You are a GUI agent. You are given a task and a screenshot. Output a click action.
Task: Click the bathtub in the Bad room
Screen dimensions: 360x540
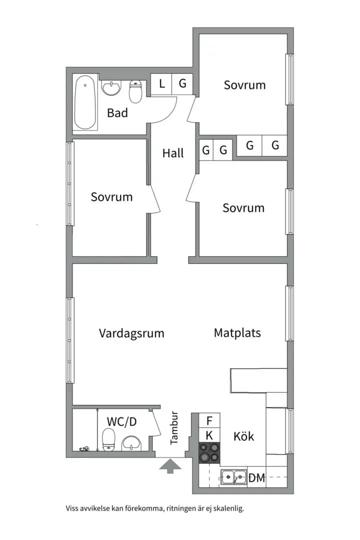pyautogui.click(x=85, y=102)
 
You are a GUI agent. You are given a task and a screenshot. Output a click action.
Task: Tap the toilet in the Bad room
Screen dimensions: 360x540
pyautogui.click(x=135, y=91)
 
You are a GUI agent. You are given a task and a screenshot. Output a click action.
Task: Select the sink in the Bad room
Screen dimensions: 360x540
pyautogui.click(x=111, y=88)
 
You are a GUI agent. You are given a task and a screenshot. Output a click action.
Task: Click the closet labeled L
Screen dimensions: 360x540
pyautogui.click(x=161, y=84)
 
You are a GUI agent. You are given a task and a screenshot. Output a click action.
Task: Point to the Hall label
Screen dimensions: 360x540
pyautogui.click(x=173, y=153)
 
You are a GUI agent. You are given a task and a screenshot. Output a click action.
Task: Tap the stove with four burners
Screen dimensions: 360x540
pyautogui.click(x=209, y=452)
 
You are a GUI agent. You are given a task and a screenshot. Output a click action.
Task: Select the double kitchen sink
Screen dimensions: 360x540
pyautogui.click(x=234, y=477)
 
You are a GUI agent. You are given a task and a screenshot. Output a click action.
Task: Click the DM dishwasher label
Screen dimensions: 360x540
pyautogui.click(x=257, y=478)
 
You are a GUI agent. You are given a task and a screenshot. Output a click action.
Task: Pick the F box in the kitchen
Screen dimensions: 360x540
pyautogui.click(x=209, y=420)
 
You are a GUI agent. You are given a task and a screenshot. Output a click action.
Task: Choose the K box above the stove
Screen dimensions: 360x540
pyautogui.click(x=209, y=435)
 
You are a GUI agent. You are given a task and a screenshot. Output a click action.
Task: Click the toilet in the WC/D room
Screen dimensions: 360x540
pyautogui.click(x=109, y=439)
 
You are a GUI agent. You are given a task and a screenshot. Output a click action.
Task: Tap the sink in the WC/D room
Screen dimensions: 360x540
pyautogui.click(x=131, y=443)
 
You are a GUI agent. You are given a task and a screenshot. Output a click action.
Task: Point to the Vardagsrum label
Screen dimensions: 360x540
pyautogui.click(x=131, y=333)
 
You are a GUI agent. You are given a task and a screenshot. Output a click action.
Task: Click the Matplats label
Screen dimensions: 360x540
pyautogui.click(x=237, y=332)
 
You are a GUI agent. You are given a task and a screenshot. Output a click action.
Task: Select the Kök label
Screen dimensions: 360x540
pyautogui.click(x=243, y=436)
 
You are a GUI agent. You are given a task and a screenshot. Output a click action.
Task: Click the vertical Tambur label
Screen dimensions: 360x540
pyautogui.click(x=174, y=427)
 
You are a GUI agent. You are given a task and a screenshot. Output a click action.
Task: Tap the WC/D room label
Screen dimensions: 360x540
pyautogui.click(x=121, y=421)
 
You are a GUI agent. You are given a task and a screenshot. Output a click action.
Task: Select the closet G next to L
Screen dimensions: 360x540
pyautogui.click(x=182, y=83)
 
